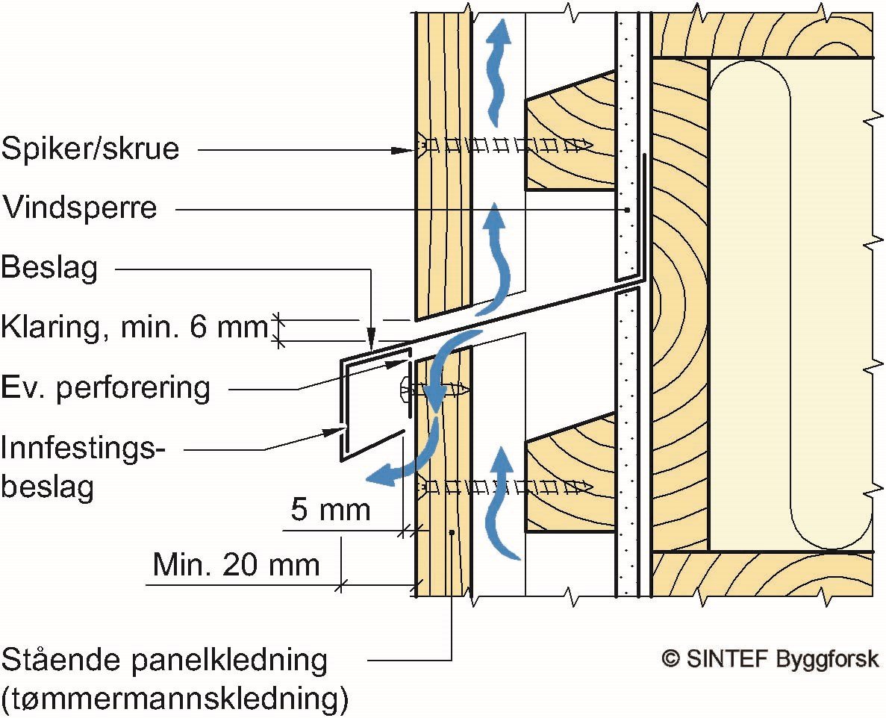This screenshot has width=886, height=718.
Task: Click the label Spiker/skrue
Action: point(90,149)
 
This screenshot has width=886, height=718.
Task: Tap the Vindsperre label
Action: point(80,207)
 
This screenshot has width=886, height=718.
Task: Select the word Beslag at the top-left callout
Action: point(50,267)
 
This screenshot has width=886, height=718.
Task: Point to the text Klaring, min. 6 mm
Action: point(134,326)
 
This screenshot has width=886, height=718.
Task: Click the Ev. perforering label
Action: point(106,388)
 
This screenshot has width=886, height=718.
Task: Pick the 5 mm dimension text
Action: point(331,509)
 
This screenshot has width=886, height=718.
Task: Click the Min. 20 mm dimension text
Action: point(236,564)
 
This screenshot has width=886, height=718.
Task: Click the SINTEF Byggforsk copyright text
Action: point(771,659)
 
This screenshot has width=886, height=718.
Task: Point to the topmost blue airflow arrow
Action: point(497,72)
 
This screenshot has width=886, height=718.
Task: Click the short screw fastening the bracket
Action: point(435,390)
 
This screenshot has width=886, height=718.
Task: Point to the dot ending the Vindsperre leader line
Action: point(628,210)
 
